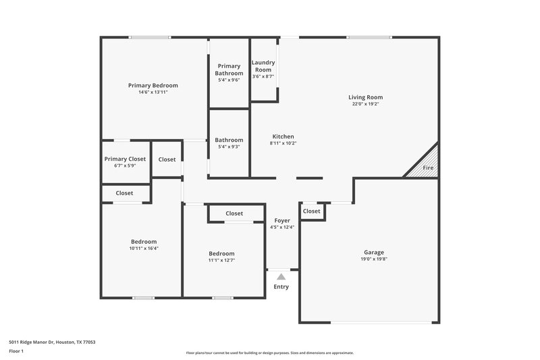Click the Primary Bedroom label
coord(153,85)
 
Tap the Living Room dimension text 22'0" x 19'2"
coord(366,104)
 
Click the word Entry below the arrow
coord(281,287)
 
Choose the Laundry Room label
coord(263,66)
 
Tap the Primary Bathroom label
coord(229,70)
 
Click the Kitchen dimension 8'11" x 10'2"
coord(283,143)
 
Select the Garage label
coord(374,253)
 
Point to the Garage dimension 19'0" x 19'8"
coord(374,259)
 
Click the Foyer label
coord(282,220)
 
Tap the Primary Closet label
coord(125,159)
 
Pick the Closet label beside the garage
coord(312,211)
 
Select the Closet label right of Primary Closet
coord(167,159)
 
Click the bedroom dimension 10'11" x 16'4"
coord(144,248)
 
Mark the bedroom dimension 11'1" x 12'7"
coord(221,260)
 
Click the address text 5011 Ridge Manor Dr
coord(52,342)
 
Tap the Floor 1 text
coord(17,351)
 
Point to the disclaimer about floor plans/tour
coord(269,353)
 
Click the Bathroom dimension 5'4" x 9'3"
coord(229,147)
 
